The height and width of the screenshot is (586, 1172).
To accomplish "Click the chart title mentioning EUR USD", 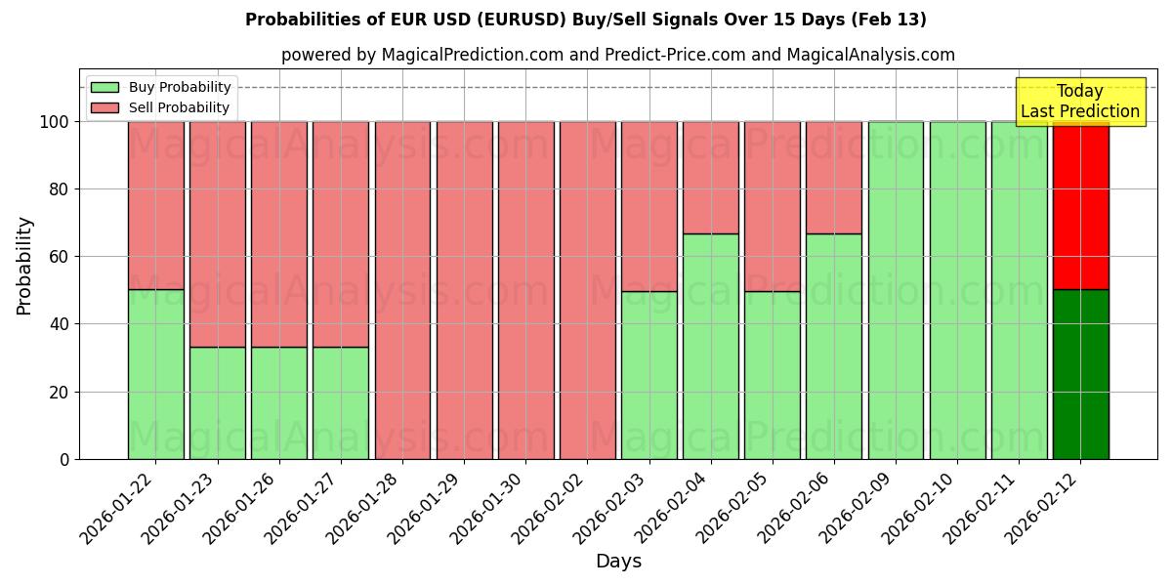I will click(x=586, y=20).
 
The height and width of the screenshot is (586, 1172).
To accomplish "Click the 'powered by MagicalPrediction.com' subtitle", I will click(x=617, y=55).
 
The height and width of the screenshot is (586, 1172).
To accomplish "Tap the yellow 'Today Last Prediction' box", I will click(x=1079, y=103).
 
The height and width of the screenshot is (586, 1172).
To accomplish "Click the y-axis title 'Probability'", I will click(x=24, y=266).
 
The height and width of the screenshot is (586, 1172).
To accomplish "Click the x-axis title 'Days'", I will click(x=617, y=561).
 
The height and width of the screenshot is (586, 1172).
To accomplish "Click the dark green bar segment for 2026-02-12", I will click(x=1080, y=374).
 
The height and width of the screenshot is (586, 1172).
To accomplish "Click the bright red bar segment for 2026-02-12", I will click(x=1080, y=205).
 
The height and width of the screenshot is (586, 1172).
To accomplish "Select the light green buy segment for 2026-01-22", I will click(x=155, y=374).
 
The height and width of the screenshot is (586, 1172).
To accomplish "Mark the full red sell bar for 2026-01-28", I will click(x=402, y=290).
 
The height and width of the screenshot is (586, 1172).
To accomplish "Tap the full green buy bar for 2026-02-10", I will click(x=957, y=290).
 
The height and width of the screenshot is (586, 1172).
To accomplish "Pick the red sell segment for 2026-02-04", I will click(x=710, y=178).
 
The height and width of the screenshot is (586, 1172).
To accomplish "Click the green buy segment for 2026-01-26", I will click(x=279, y=402).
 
